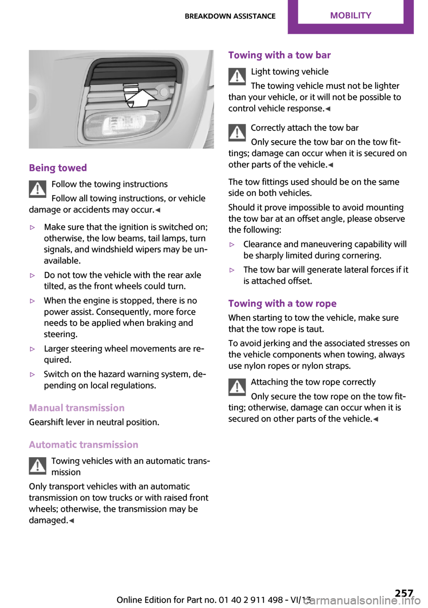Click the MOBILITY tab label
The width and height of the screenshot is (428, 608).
[350, 16]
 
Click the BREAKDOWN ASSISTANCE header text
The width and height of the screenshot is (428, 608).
[230, 17]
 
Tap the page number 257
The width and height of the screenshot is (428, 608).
[403, 593]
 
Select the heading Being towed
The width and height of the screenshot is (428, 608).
[58, 168]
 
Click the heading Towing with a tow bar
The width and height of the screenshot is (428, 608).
[280, 55]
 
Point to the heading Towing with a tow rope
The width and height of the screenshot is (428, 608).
[282, 304]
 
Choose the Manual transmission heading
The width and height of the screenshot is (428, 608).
[77, 408]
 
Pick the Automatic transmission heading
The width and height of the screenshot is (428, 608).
[83, 445]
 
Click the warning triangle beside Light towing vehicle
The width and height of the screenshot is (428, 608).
[237, 76]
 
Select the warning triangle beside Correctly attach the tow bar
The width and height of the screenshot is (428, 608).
[237, 133]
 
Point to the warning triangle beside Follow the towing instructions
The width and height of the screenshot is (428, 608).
[38, 189]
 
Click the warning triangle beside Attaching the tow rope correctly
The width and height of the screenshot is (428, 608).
[237, 387]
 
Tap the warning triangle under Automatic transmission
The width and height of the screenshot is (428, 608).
[38, 466]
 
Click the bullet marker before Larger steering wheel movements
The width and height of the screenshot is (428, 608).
[32, 349]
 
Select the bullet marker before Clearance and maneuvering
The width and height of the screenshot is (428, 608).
[232, 245]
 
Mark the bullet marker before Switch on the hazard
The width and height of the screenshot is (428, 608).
[32, 375]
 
